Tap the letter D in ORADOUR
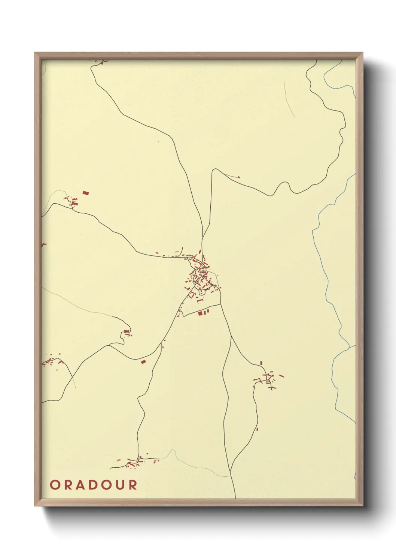93,485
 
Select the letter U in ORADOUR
120,485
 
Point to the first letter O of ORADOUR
55,485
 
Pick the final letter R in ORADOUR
133,485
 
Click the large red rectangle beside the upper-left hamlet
86,193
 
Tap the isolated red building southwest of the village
143,362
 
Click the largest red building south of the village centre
200,313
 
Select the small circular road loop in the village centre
202,272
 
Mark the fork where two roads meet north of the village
202,237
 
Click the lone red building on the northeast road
239,177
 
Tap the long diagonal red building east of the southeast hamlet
281,375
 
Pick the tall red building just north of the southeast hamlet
261,363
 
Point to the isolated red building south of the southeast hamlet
257,429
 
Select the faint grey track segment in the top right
289,99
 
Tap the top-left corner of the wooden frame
35,53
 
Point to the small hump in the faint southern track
173,451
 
